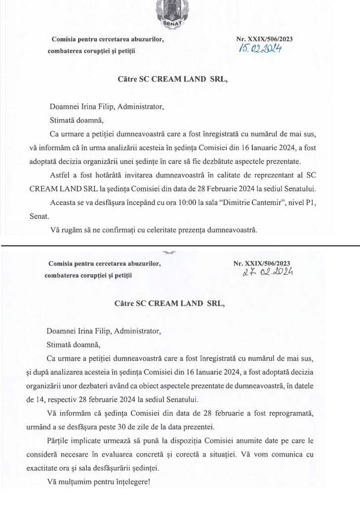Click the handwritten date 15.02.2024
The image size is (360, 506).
[261, 48]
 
